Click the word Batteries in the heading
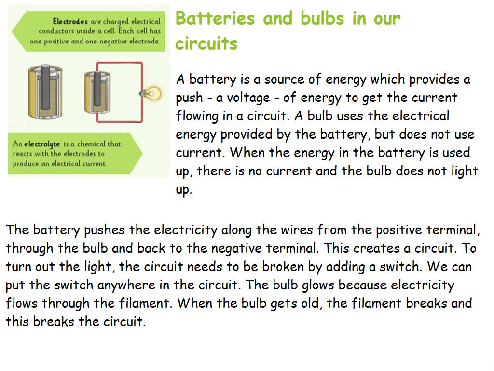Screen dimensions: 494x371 (x=215, y=18)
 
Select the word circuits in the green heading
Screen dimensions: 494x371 (x=206, y=43)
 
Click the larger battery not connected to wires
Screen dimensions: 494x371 (x=45, y=91)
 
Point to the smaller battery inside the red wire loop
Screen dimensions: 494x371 (x=97, y=92)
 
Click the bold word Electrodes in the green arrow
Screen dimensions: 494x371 (x=70, y=21)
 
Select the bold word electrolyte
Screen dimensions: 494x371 (x=42, y=144)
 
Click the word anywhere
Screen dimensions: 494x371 (x=126, y=285)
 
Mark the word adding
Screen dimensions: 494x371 (x=347, y=267)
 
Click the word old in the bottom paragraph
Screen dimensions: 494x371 (x=312, y=303)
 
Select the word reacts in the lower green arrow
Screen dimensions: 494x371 (x=22, y=154)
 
